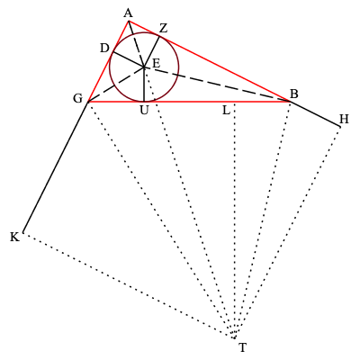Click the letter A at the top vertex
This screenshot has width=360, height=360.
(128, 13)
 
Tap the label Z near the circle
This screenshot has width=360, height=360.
(163, 28)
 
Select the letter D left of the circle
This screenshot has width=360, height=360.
(104, 48)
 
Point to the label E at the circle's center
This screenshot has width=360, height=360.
(156, 63)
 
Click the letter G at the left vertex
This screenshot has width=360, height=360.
(77, 98)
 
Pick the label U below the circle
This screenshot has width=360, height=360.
(144, 111)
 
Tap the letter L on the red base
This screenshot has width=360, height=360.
(226, 111)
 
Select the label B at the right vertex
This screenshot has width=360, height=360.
(294, 94)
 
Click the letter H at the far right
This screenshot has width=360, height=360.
(344, 120)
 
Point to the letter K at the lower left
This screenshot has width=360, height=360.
(13, 238)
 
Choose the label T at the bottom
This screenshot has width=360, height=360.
(242, 347)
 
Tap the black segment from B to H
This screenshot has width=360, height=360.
(315, 114)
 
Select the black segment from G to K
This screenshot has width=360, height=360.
(54, 168)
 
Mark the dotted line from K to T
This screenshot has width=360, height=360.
(126, 285)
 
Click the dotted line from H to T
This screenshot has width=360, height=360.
(288, 231)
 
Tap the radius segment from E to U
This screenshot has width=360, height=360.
(144, 85)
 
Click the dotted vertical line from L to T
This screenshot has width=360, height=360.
(235, 225)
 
